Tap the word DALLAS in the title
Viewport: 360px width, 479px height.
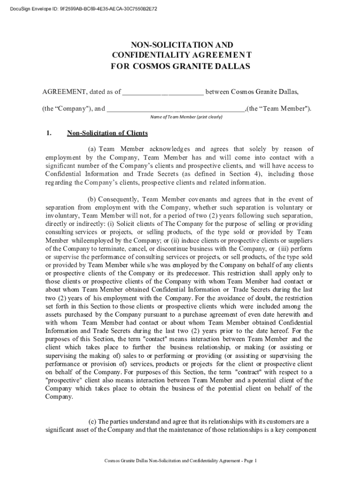point(231,66)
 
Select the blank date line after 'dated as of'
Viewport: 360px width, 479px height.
point(163,92)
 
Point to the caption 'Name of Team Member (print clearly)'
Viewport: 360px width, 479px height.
point(186,116)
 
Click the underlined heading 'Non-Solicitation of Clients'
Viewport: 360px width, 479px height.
point(108,133)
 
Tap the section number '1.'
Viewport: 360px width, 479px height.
point(49,133)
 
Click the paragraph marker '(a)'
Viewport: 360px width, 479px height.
point(92,149)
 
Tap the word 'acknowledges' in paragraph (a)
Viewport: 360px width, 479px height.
point(163,149)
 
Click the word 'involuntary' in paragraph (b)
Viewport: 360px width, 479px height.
point(62,216)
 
